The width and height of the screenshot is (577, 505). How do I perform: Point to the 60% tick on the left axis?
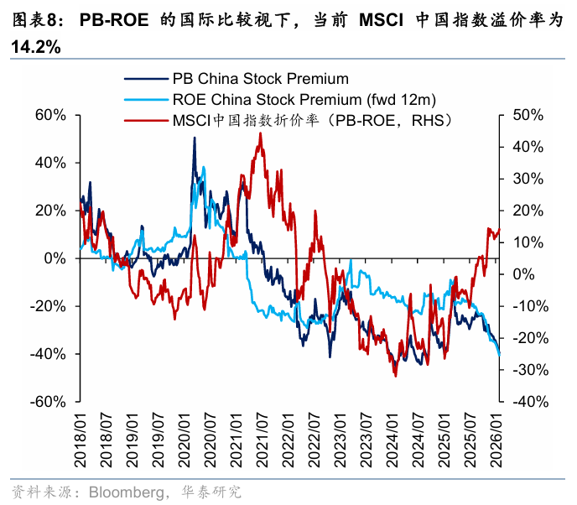pos(51,115)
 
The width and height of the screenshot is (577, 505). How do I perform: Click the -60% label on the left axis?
pos(49,402)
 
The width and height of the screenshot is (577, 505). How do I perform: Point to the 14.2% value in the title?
pos(35,48)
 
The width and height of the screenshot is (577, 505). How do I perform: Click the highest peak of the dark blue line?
pos(195,138)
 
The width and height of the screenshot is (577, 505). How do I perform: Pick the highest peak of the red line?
pos(260,133)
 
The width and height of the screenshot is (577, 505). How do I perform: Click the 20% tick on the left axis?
pos(51,211)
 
